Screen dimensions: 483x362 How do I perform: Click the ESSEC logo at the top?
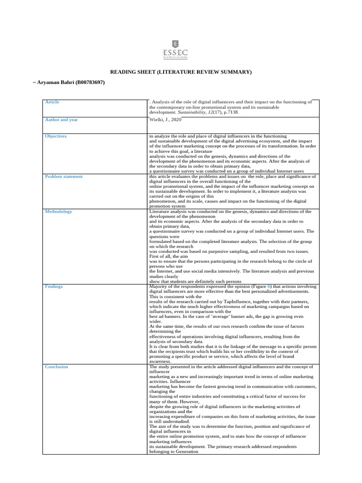pyautogui.click(x=181, y=49)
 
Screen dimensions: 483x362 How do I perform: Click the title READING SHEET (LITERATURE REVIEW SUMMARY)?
pyautogui.click(x=181, y=72)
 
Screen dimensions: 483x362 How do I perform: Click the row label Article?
pyautogui.click(x=52, y=102)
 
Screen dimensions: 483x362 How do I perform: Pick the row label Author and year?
pyautogui.click(x=61, y=120)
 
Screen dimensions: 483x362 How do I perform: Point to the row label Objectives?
pyautogui.click(x=56, y=136)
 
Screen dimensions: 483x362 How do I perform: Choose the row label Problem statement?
pyautogui.click(x=64, y=176)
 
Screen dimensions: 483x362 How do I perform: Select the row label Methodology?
pyautogui.click(x=58, y=211)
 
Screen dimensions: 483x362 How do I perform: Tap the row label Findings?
pyautogui.click(x=54, y=286)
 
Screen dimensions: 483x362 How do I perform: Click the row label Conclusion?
pyautogui.click(x=57, y=366)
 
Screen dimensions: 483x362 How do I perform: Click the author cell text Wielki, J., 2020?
pyautogui.click(x=165, y=120)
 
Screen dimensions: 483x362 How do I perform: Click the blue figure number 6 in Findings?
pyautogui.click(x=269, y=286)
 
